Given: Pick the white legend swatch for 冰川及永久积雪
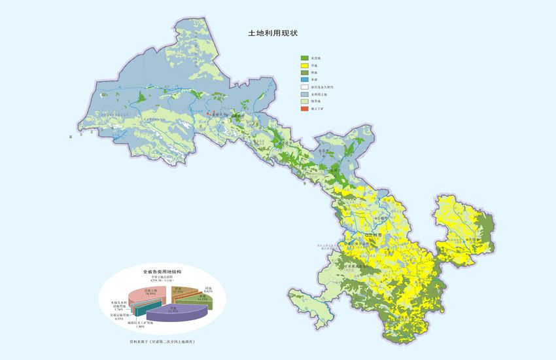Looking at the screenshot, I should (304, 87).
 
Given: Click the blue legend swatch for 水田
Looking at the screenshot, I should (304, 80).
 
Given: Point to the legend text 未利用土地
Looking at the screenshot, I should (321, 94).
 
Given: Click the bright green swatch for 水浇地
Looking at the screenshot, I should (304, 58).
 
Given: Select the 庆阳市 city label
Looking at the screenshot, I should (470, 240).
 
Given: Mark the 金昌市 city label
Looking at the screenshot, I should (322, 150).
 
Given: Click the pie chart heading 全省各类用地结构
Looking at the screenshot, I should (162, 271).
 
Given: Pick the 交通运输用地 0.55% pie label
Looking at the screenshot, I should (122, 316).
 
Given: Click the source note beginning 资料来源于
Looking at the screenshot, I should (163, 342).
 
